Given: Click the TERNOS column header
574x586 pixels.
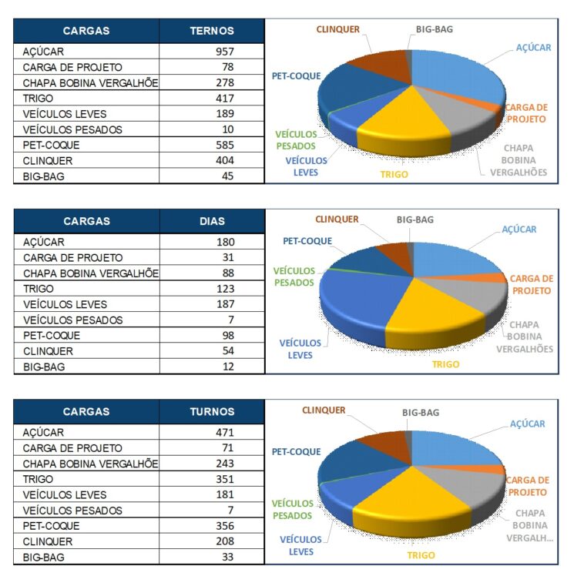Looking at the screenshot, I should [x=212, y=31].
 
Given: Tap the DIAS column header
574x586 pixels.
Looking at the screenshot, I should [x=212, y=221].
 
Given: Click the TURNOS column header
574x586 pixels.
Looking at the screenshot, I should [x=212, y=411].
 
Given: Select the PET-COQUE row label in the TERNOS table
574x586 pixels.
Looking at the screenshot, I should [x=51, y=145].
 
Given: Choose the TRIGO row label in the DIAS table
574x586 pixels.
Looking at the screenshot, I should [x=39, y=289].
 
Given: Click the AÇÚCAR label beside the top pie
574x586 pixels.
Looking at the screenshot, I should [x=533, y=48].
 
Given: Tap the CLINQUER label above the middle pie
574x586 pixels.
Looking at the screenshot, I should [x=337, y=220].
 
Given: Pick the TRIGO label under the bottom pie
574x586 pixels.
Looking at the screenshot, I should [x=421, y=555].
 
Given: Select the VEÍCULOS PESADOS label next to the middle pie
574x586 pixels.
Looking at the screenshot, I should [x=294, y=276].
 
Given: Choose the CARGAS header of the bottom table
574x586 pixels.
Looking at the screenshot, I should [x=86, y=411].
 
